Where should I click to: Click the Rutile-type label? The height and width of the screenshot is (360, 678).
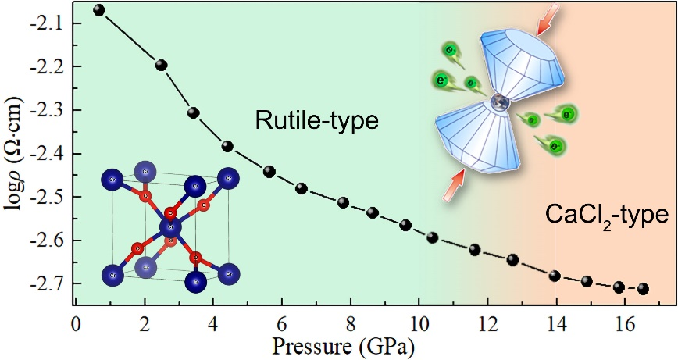(316, 120)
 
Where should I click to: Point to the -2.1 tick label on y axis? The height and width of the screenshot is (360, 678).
(48, 24)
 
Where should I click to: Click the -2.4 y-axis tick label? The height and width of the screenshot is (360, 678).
(48, 154)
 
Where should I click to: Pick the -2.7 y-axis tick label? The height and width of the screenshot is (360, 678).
(48, 283)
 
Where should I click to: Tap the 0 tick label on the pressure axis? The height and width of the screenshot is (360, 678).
(75, 322)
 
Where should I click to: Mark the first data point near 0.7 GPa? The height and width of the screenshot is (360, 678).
(98, 10)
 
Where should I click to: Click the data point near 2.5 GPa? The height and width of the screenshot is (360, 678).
(162, 65)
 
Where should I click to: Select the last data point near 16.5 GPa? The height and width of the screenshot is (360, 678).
(644, 289)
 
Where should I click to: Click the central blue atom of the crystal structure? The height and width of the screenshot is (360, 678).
(170, 227)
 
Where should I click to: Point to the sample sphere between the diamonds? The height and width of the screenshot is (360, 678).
(498, 101)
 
